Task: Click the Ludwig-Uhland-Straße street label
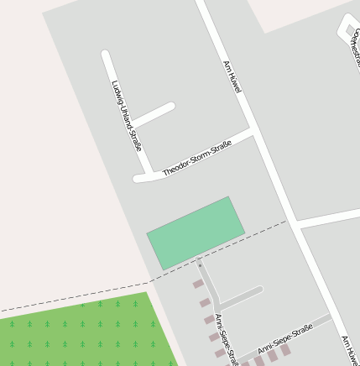[127, 116]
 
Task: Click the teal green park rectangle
[196, 233]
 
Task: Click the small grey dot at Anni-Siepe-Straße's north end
[200, 265]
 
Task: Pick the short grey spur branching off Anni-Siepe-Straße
[241, 296]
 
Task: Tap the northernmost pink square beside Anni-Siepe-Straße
[198, 284]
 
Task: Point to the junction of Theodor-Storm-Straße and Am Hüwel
[253, 132]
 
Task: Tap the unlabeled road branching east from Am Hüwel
[329, 217]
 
